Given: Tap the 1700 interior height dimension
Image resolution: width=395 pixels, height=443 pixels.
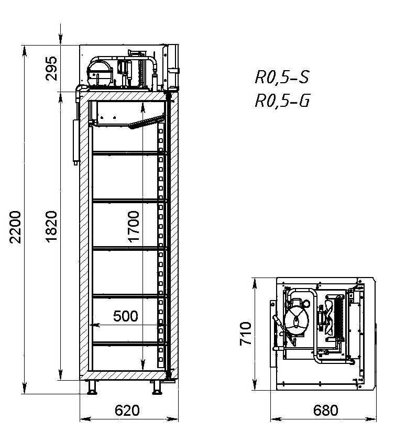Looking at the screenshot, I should (134, 227).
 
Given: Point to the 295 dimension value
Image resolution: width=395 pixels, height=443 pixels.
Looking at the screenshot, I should (51, 67).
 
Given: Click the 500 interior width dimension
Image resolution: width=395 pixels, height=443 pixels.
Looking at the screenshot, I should (126, 316).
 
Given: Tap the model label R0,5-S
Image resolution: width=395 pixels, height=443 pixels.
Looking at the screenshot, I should (281, 78).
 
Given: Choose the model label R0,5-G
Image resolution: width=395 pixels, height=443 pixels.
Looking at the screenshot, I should (282, 101).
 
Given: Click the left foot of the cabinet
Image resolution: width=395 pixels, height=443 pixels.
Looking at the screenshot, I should (92, 388).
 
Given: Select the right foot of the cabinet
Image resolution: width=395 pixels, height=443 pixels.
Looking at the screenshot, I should (157, 388).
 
